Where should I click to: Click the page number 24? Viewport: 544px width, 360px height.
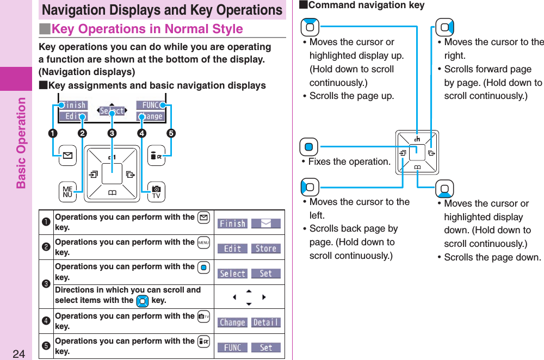tap(19, 354)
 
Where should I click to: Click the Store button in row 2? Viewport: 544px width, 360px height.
tap(266, 249)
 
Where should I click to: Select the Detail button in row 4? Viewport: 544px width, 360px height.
tap(266, 322)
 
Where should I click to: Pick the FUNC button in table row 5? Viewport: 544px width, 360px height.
tap(232, 347)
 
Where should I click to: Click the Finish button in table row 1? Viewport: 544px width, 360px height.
tap(232, 224)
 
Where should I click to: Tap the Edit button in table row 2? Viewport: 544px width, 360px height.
tap(232, 249)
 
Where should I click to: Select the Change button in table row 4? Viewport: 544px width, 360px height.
tap(232, 322)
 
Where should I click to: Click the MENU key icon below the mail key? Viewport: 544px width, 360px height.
tap(67, 192)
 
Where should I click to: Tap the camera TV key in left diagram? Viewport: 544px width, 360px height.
tap(156, 192)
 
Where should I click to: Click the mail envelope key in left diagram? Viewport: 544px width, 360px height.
tap(67, 156)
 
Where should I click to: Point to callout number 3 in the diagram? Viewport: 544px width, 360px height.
tap(112, 133)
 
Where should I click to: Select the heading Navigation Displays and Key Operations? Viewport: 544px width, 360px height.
tap(162, 10)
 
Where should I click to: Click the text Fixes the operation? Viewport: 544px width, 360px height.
tap(349, 162)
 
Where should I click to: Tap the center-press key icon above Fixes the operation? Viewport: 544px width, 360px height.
tap(309, 147)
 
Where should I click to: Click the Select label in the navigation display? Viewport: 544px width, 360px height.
tap(112, 111)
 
